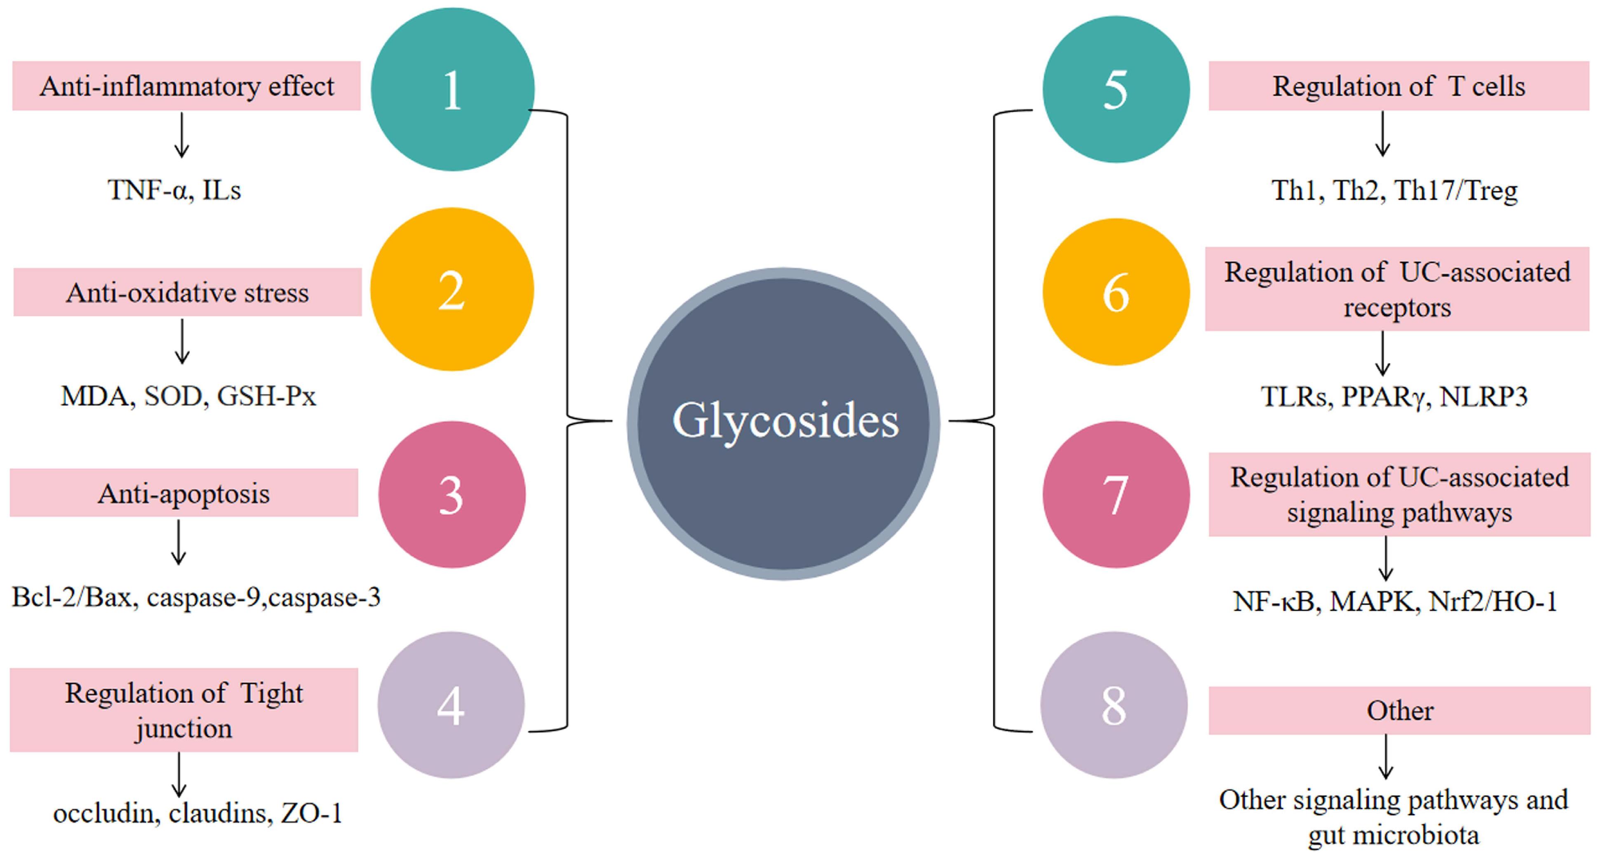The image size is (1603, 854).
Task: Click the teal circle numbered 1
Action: click(x=452, y=89)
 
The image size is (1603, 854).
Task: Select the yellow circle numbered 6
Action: click(x=1116, y=292)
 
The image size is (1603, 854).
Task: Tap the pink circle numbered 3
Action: click(x=452, y=494)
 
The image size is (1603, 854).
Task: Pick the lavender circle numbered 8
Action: click(x=1114, y=705)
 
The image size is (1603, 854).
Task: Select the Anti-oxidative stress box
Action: click(x=187, y=292)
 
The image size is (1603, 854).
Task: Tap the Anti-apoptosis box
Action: click(x=183, y=493)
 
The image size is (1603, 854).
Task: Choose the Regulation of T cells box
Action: click(x=1398, y=86)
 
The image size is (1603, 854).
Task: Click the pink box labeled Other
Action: click(x=1399, y=710)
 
